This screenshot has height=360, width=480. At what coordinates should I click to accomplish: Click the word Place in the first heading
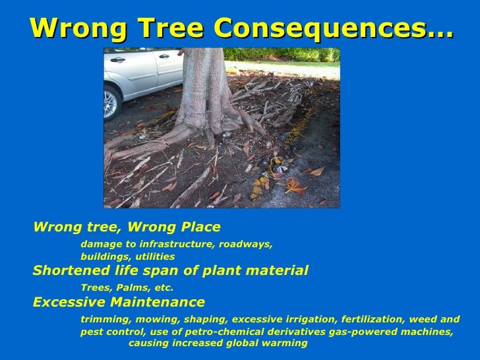pyautogui.click(x=198, y=227)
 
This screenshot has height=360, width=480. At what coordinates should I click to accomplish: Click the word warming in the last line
pyautogui.click(x=285, y=344)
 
